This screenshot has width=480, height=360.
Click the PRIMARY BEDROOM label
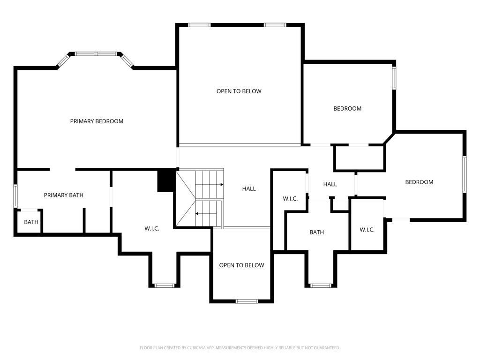(97, 121)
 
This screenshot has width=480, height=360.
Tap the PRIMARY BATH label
(64, 195)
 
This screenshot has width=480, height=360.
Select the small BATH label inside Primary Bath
(31, 222)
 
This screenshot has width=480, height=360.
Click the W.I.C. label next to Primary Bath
(152, 229)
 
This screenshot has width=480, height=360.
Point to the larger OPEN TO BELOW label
(239, 91)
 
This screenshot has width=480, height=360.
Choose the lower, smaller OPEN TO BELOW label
(241, 265)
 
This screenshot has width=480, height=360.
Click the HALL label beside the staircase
(249, 189)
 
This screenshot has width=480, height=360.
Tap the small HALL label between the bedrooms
(330, 184)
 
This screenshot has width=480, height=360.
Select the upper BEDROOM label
(347, 109)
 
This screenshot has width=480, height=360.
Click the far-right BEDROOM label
(420, 182)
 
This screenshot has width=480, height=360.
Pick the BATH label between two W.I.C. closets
(316, 232)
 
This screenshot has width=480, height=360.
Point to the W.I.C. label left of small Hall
(290, 199)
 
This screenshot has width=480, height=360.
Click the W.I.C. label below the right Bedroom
(367, 230)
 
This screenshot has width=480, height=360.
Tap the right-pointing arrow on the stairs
(217, 185)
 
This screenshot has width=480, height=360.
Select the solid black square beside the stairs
(166, 180)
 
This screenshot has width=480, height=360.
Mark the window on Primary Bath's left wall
(15, 196)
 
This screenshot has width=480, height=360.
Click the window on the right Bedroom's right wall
(465, 174)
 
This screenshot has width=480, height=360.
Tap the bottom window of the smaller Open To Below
(247, 301)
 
